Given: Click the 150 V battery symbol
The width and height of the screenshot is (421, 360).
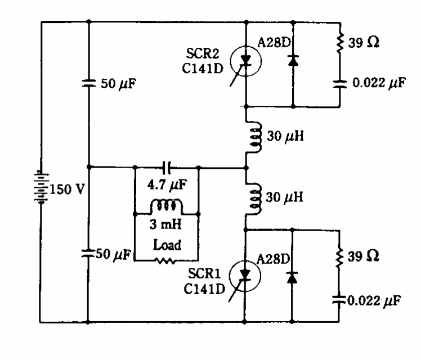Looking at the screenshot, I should coord(41,187).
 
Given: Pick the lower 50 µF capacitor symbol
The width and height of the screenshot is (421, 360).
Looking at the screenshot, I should coord(88,253).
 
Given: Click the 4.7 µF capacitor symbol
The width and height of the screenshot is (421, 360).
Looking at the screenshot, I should coord(167,167).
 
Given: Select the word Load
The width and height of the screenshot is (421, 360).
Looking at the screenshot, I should coord(167,246).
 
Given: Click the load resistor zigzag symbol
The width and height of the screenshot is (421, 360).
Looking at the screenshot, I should coord(167,260).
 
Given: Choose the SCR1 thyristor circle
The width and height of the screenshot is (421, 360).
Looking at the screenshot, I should coord(246,273).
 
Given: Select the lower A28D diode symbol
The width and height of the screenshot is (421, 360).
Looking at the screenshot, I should coord(292,277).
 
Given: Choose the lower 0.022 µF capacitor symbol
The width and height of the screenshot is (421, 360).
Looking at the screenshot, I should coord(340,299).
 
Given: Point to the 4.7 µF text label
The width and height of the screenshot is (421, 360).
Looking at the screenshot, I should coord(167,183).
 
